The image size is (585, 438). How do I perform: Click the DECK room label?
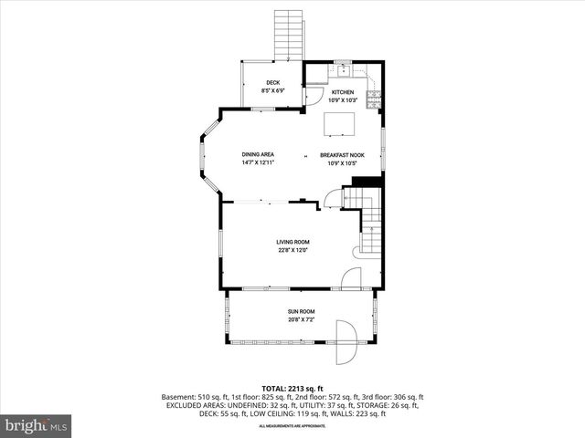271,83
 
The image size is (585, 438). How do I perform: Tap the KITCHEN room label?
343,92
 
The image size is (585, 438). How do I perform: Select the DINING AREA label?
258,154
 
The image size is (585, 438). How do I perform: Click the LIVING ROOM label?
293,242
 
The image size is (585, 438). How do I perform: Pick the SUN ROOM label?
301,312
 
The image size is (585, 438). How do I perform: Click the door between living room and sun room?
350,280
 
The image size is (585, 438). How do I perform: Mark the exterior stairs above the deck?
289,36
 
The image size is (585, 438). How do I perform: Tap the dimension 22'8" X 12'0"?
293,250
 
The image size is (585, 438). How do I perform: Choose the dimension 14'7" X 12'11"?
258,162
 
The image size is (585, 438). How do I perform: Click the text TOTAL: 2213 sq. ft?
292,388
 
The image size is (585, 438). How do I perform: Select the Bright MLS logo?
37,425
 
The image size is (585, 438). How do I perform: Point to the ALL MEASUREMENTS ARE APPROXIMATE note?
292,426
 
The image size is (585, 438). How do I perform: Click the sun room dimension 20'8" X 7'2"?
301,320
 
